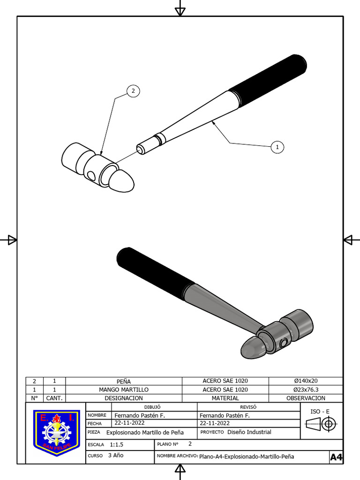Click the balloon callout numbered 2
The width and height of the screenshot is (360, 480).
133,91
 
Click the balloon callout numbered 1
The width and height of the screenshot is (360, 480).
277,147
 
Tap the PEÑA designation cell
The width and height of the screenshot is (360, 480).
124,381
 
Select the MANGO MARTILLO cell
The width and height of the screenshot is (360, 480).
124,390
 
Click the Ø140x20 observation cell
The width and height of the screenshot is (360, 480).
305,381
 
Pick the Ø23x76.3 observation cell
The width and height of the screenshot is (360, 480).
305,390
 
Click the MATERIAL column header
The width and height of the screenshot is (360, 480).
225,398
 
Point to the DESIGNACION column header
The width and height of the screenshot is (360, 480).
124,398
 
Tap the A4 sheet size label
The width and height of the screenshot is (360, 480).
336,457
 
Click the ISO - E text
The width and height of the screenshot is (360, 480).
320,412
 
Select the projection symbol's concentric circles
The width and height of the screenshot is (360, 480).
329,425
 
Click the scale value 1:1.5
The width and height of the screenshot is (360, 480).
117,444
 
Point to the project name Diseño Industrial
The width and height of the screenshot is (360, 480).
249,432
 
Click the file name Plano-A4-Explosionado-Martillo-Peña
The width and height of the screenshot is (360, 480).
247,457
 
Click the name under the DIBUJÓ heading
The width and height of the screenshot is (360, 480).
140,415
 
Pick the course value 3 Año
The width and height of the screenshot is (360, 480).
116,455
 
